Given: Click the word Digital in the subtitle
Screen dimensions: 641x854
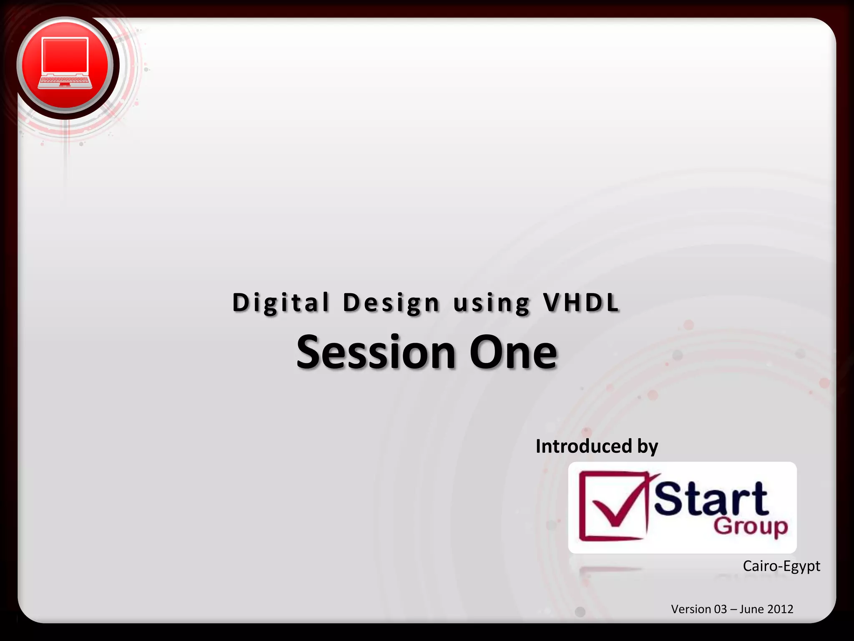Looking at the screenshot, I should point(281,303).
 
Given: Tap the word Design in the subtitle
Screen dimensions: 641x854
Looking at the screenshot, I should point(391,303).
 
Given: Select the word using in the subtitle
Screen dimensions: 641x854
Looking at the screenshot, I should point(492,303).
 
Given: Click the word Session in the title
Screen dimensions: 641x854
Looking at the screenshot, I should point(376,353).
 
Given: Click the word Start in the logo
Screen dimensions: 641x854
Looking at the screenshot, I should point(711,499).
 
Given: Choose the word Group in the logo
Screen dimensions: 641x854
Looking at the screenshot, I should point(751,527).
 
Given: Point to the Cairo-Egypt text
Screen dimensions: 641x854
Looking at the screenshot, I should point(781,566).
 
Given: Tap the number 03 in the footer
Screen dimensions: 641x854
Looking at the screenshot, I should point(721,609).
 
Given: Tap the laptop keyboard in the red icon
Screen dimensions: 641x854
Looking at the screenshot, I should point(65,81).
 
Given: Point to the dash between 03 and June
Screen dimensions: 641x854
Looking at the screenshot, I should point(733,609).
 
